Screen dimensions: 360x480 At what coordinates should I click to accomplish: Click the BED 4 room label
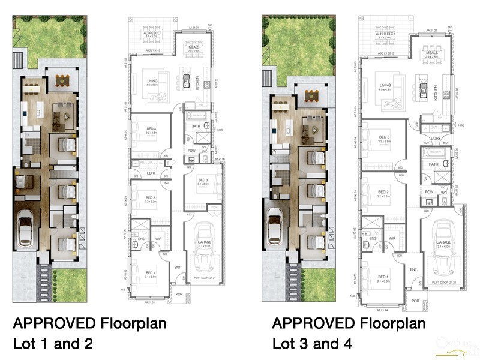coord(152,128)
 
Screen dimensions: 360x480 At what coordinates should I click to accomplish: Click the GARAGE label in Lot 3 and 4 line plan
coord(443,243)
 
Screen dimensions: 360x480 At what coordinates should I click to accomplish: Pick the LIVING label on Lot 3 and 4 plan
coord(385,85)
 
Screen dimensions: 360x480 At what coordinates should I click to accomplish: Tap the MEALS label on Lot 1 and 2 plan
coord(193,49)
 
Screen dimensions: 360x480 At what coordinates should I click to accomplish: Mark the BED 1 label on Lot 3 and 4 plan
coord(383,277)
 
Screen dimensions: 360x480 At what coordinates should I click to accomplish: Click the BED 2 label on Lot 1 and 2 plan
coord(151,198)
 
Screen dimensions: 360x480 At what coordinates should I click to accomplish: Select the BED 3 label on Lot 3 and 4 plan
coord(384,137)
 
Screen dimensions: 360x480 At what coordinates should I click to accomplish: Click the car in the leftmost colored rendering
coord(25,227)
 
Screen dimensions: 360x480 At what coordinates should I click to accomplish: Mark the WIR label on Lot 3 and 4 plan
coord(391,238)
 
